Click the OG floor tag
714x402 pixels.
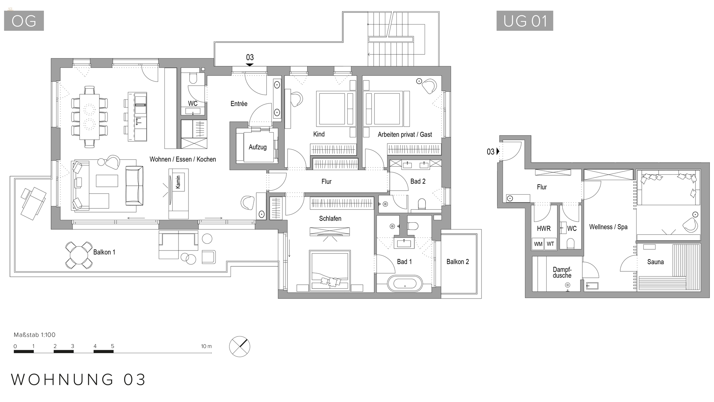(24, 21)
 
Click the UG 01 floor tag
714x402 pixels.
(525, 21)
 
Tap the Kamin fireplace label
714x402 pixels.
(178, 182)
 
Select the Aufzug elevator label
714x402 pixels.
(257, 147)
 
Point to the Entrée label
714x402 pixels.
(239, 104)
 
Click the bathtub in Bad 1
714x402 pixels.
(405, 284)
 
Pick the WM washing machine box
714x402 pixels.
(538, 244)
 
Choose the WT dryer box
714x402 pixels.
(550, 244)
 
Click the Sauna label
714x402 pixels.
(655, 262)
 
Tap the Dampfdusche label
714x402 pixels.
(562, 272)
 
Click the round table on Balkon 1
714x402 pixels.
(79, 255)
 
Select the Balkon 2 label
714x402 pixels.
(457, 262)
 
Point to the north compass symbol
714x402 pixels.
(239, 347)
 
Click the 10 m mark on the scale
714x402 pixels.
(206, 347)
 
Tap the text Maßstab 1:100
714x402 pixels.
(35, 335)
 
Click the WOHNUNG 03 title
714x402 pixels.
(78, 380)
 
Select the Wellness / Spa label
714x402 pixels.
(608, 227)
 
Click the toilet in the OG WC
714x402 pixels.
(193, 79)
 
